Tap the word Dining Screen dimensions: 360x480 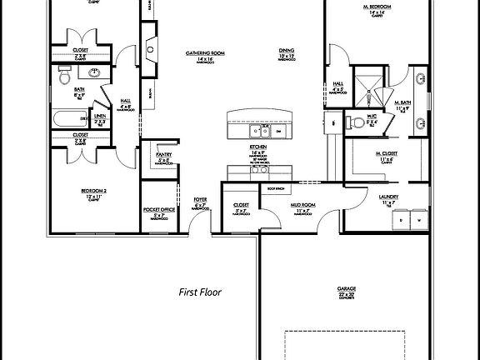pyautogui.click(x=286, y=51)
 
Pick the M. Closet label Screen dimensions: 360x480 pyautogui.click(x=384, y=154)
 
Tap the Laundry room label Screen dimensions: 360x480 pyautogui.click(x=387, y=197)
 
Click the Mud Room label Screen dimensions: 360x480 pyautogui.click(x=302, y=204)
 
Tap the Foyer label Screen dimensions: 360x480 pyautogui.click(x=200, y=199)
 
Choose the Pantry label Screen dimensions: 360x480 pyautogui.click(x=163, y=155)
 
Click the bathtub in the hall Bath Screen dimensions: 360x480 pyautogui.click(x=70, y=118)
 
